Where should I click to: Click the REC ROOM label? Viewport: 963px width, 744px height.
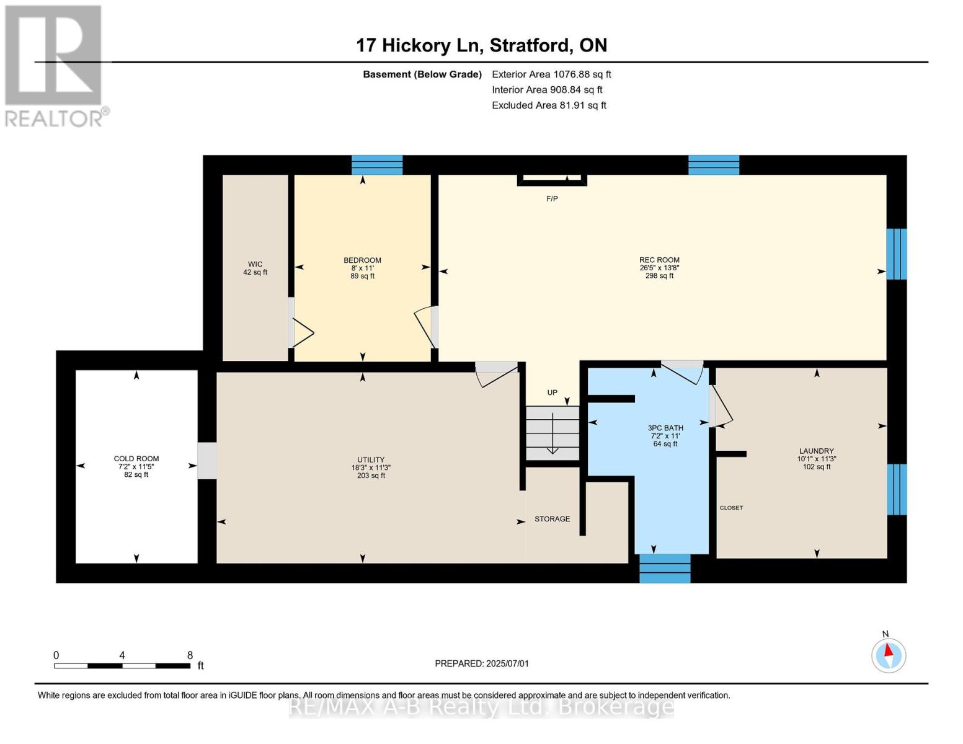tap(659, 260)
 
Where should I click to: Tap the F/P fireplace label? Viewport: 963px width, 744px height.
tap(552, 199)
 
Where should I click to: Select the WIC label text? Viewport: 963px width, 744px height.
tap(255, 264)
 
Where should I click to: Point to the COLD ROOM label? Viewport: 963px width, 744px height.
tap(136, 459)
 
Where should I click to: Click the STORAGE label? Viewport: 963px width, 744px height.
tap(552, 519)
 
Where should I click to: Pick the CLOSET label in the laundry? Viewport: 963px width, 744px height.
tap(731, 508)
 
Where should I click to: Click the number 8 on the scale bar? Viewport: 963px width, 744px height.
tap(190, 655)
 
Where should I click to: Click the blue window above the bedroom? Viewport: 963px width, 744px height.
tap(377, 165)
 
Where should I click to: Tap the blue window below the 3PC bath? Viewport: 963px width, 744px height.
tap(665, 569)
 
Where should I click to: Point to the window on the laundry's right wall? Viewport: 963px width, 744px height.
tap(897, 490)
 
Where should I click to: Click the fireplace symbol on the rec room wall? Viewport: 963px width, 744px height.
tap(552, 179)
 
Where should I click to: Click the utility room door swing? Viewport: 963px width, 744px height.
tap(496, 374)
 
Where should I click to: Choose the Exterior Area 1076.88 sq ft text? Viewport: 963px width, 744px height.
tap(551, 74)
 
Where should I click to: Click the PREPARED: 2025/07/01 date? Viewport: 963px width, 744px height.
tap(482, 663)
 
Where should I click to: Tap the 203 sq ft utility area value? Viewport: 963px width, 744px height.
tap(371, 476)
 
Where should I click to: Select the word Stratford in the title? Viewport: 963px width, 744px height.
tap(530, 46)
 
